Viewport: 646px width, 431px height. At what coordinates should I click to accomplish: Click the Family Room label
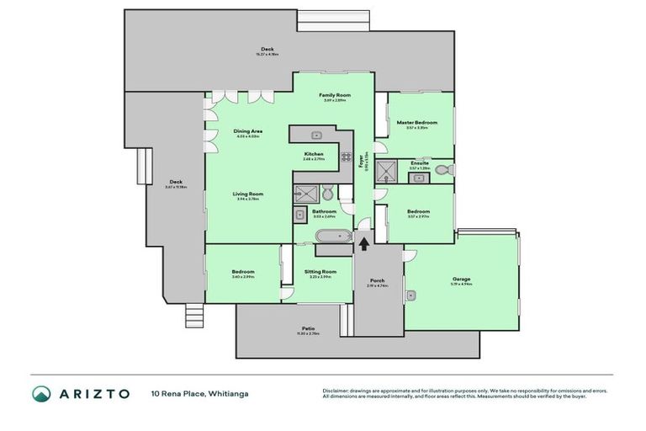tap(334, 96)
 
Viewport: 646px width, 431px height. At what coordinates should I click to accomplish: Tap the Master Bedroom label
tap(416, 123)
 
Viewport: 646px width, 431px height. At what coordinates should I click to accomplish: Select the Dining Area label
tap(248, 131)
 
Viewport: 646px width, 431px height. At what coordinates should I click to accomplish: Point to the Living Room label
tap(248, 194)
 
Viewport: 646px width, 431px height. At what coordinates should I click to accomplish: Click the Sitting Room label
tap(320, 272)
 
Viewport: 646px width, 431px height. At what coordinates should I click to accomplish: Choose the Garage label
tap(460, 279)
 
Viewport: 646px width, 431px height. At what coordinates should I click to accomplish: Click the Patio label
tap(308, 329)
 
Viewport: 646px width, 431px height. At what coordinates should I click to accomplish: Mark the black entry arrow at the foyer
tap(363, 244)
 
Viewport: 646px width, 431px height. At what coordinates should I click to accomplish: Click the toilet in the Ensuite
tap(448, 169)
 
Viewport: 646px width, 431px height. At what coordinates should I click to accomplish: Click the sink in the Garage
tap(413, 295)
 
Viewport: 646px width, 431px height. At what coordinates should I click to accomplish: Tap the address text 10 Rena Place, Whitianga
tap(199, 393)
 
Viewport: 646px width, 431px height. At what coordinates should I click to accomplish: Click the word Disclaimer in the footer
tap(336, 391)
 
